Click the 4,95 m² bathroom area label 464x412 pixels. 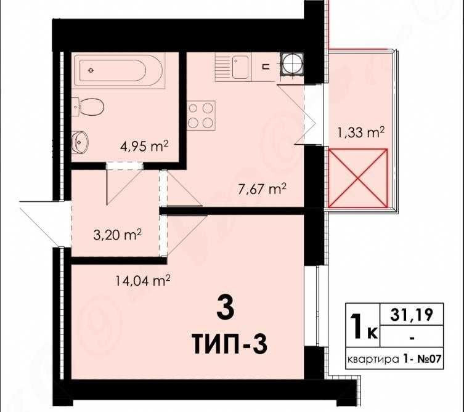tap(144, 147)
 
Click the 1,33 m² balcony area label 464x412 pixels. tap(361, 131)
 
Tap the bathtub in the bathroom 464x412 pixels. tap(118, 70)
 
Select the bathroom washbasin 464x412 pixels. tap(81, 142)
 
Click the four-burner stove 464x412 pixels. tap(201, 115)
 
